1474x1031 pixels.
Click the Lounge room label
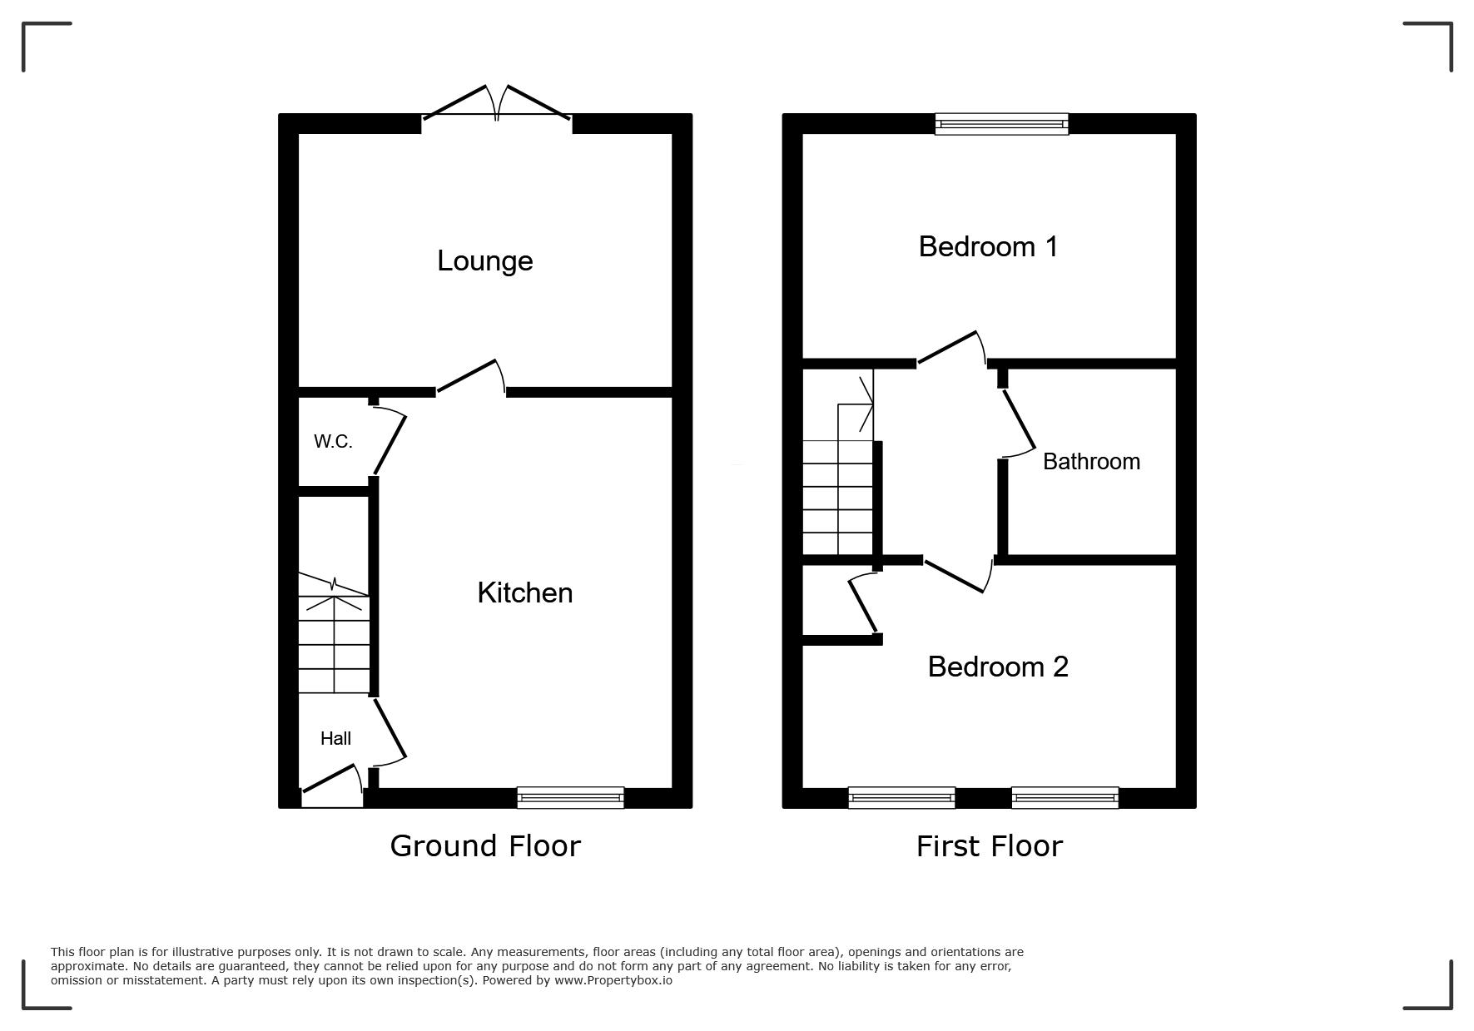[x=485, y=261]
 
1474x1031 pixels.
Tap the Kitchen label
[x=525, y=592]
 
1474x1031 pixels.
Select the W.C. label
[x=333, y=442]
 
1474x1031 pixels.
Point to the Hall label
[x=336, y=738]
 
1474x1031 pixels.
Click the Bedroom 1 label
[x=988, y=246]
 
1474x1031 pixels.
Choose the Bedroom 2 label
[x=998, y=667]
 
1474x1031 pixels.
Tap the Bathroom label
[x=1091, y=462]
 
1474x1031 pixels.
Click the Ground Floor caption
[x=485, y=845]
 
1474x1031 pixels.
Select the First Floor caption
[x=990, y=846]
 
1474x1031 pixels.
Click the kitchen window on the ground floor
[x=570, y=797]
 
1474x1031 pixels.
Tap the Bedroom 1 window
[x=1001, y=124]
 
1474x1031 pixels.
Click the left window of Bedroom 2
[x=901, y=797]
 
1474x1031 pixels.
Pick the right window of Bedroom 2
[x=1065, y=797]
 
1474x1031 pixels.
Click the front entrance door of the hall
[x=332, y=786]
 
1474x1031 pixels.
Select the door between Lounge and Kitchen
[x=471, y=377]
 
